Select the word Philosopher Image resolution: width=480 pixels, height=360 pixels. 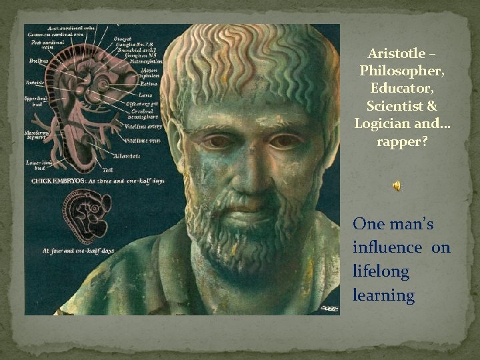[397, 71]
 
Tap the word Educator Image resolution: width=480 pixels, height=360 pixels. [397, 89]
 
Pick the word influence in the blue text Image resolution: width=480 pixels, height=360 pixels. [387, 248]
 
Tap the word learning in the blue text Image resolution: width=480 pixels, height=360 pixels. [383, 295]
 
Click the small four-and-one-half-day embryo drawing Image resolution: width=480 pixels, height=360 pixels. [90, 217]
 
